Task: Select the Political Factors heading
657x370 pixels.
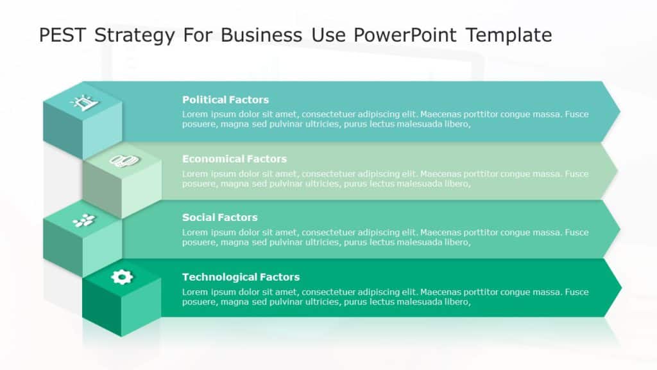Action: point(225,100)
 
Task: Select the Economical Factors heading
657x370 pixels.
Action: point(234,159)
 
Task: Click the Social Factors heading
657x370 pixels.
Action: point(219,217)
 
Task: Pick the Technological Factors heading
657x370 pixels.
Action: point(241,277)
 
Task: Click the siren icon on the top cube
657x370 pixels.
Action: point(84,101)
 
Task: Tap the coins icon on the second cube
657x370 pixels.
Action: point(121,161)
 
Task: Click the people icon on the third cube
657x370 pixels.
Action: point(83,220)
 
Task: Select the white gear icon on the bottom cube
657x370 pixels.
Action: point(121,277)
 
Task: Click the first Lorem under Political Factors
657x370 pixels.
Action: point(195,114)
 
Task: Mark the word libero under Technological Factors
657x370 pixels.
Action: point(456,302)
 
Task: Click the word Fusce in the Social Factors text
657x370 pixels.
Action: point(576,232)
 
